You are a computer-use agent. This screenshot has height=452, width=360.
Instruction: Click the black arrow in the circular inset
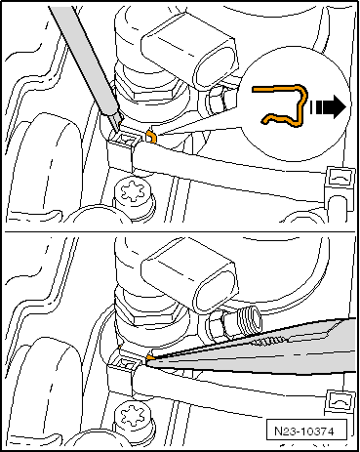[328, 107]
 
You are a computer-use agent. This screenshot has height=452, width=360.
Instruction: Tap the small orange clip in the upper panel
[151, 136]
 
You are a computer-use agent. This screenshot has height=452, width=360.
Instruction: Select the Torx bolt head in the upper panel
[133, 191]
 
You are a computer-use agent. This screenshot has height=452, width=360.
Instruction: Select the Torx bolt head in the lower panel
[133, 416]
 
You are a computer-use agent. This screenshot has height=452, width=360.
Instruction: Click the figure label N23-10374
[304, 431]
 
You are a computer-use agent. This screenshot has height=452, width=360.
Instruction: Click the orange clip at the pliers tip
[149, 357]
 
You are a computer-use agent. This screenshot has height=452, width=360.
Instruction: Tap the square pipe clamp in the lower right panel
[340, 403]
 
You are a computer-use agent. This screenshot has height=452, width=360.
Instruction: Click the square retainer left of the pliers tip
[124, 364]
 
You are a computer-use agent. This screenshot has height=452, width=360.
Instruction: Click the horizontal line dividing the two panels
[180, 232]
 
